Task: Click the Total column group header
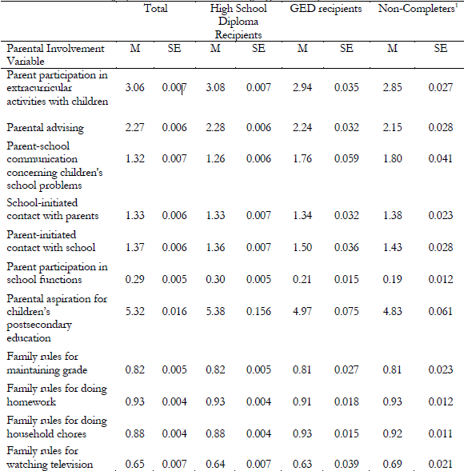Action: click(x=156, y=9)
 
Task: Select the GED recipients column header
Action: click(x=325, y=9)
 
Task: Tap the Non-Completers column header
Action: click(x=412, y=9)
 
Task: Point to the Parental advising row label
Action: click(x=45, y=126)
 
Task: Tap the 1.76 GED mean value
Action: click(x=302, y=158)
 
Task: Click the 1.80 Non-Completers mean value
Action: click(x=392, y=158)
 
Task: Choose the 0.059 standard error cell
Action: click(x=346, y=158)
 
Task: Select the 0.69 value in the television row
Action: click(x=392, y=463)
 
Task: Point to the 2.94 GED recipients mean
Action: click(x=302, y=88)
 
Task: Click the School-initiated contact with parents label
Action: click(x=52, y=209)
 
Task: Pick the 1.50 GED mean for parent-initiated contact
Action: click(x=302, y=248)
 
